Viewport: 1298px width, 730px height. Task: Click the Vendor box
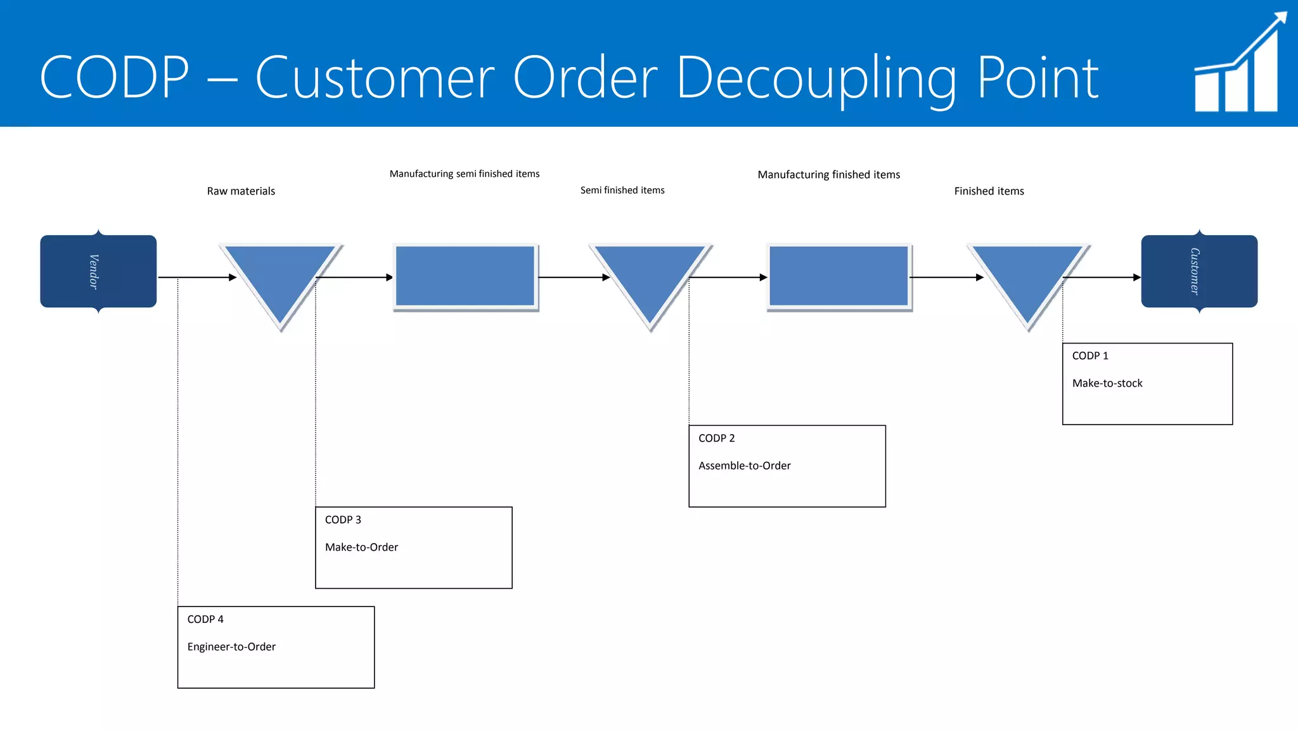98,271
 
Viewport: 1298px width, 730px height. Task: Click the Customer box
1199,271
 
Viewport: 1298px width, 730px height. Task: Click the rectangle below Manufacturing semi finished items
465,276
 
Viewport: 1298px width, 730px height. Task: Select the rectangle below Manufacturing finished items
839,276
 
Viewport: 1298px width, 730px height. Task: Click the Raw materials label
241,191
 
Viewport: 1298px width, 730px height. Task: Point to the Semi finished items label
622,190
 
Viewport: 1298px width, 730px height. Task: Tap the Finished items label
989,191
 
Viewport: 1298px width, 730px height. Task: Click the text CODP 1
1090,356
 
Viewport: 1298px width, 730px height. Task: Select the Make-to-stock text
1107,383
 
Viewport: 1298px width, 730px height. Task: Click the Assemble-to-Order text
745,466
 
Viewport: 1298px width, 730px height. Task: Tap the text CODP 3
343,520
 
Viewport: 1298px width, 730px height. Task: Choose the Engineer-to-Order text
231,647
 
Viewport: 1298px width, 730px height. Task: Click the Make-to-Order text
361,547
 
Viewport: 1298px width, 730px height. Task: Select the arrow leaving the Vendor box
196,278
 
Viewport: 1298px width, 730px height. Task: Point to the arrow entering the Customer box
1103,278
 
